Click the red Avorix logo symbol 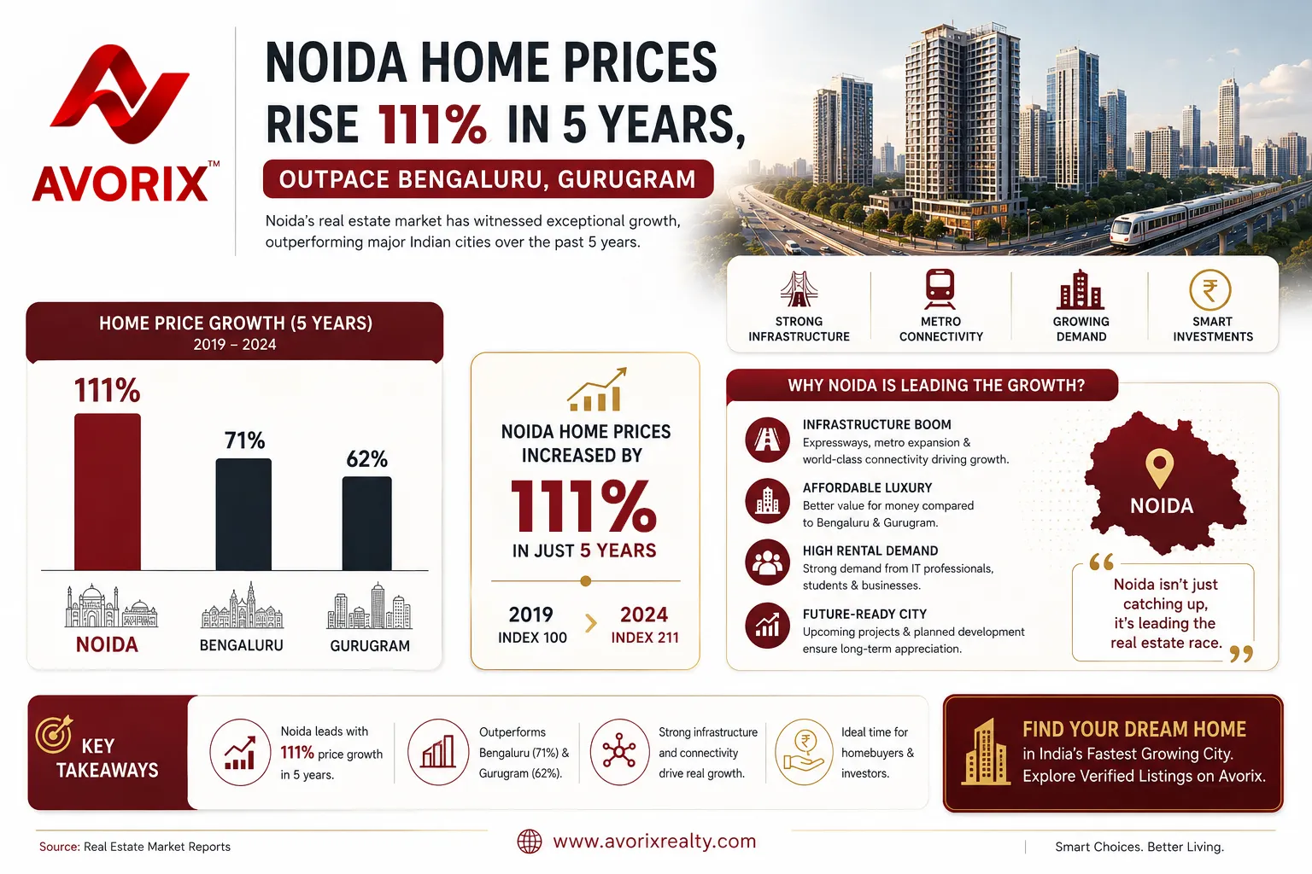click(x=120, y=94)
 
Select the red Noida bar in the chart click(x=107, y=492)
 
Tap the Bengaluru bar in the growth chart click(x=243, y=514)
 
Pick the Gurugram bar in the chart click(x=367, y=523)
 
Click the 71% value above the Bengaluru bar click(x=245, y=440)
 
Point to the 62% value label click(x=367, y=459)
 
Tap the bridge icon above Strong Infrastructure click(x=799, y=288)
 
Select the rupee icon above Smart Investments click(x=1210, y=289)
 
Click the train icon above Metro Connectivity click(x=940, y=288)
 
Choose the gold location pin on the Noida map click(x=1160, y=468)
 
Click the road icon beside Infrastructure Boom click(x=767, y=440)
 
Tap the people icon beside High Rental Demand click(x=767, y=562)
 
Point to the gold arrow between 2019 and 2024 click(x=591, y=623)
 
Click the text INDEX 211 click(x=645, y=638)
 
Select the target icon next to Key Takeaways click(x=54, y=733)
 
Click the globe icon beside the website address click(x=530, y=842)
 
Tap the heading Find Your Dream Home click(x=1134, y=729)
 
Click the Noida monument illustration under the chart click(x=110, y=606)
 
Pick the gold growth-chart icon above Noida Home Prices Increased click(x=597, y=389)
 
